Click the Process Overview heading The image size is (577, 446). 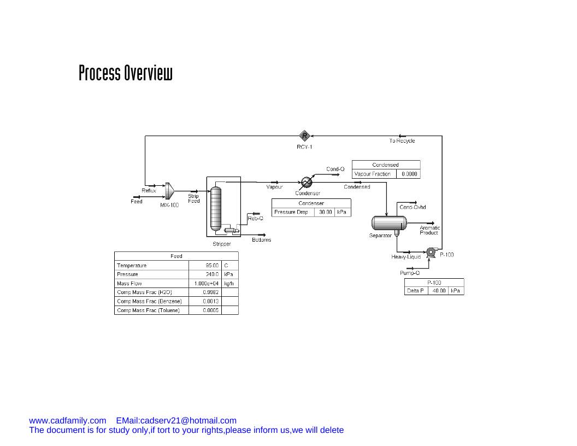[x=126, y=73]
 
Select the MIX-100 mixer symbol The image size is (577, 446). [x=169, y=190]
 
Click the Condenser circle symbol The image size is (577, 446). [x=307, y=183]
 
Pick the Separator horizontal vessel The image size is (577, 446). [x=389, y=223]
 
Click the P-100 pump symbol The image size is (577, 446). [x=431, y=253]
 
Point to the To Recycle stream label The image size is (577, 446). [x=402, y=141]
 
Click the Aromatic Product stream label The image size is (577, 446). [x=429, y=230]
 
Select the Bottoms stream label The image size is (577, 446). [x=261, y=240]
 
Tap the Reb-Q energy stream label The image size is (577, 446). [x=256, y=218]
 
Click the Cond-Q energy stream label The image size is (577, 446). [x=335, y=169]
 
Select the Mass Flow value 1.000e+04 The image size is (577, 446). [x=207, y=284]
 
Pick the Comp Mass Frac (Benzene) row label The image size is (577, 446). [x=149, y=301]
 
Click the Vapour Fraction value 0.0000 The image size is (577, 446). [x=409, y=174]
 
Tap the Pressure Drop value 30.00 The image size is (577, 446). [x=326, y=212]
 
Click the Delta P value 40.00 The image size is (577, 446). [x=439, y=291]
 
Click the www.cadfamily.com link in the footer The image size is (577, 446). [x=67, y=420]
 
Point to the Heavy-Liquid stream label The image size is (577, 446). [x=406, y=257]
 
